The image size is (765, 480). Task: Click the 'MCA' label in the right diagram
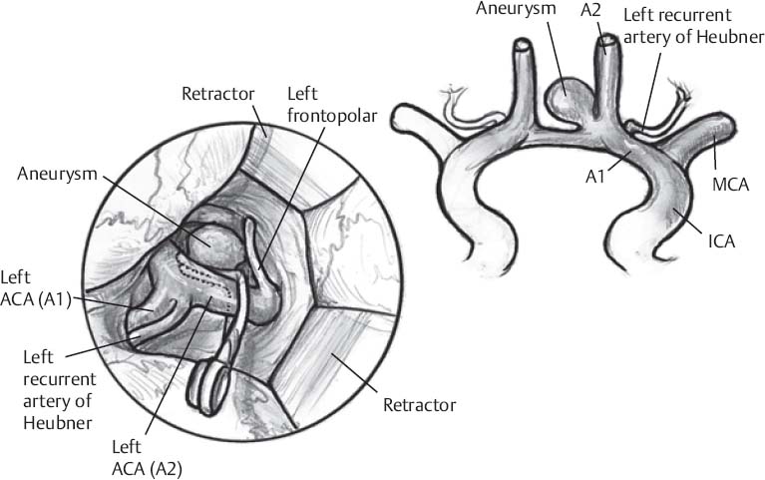coord(730,186)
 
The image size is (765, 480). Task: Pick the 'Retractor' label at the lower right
coord(420,405)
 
